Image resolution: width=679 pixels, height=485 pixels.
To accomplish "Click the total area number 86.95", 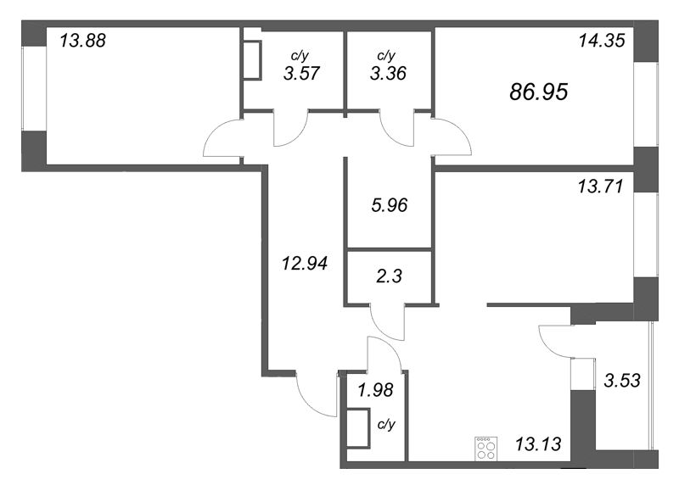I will (538, 92).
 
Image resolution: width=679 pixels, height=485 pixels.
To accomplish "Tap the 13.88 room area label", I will (82, 39).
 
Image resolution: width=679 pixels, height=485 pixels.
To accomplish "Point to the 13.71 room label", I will (600, 187).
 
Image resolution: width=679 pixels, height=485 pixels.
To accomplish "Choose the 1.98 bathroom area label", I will (373, 390).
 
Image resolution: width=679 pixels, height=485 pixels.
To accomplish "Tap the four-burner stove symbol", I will (486, 447).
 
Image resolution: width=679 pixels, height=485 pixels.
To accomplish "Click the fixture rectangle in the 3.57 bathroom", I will (252, 59).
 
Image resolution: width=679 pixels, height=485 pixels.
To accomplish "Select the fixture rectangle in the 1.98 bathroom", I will (358, 426).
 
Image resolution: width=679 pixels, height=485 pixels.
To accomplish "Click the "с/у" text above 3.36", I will (385, 56).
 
